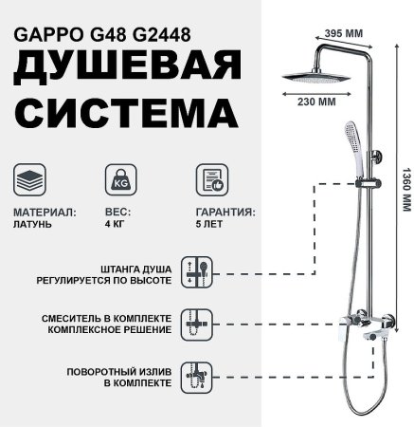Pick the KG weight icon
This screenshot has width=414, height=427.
[118, 181]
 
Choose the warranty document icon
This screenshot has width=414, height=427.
[209, 181]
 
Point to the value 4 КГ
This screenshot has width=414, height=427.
[112, 227]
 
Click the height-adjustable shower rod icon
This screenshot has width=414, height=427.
[201, 274]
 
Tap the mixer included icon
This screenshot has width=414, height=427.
[201, 323]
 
